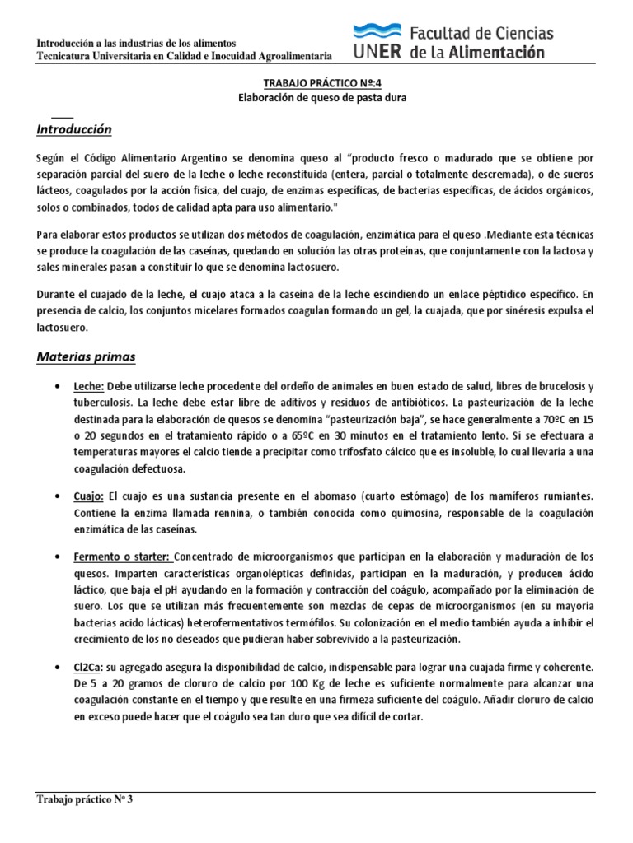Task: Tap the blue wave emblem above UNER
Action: click(378, 32)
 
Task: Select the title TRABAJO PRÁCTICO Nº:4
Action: click(317, 83)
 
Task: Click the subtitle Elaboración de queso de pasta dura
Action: click(317, 97)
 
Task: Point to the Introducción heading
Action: click(74, 130)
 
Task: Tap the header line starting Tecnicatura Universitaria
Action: click(185, 56)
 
